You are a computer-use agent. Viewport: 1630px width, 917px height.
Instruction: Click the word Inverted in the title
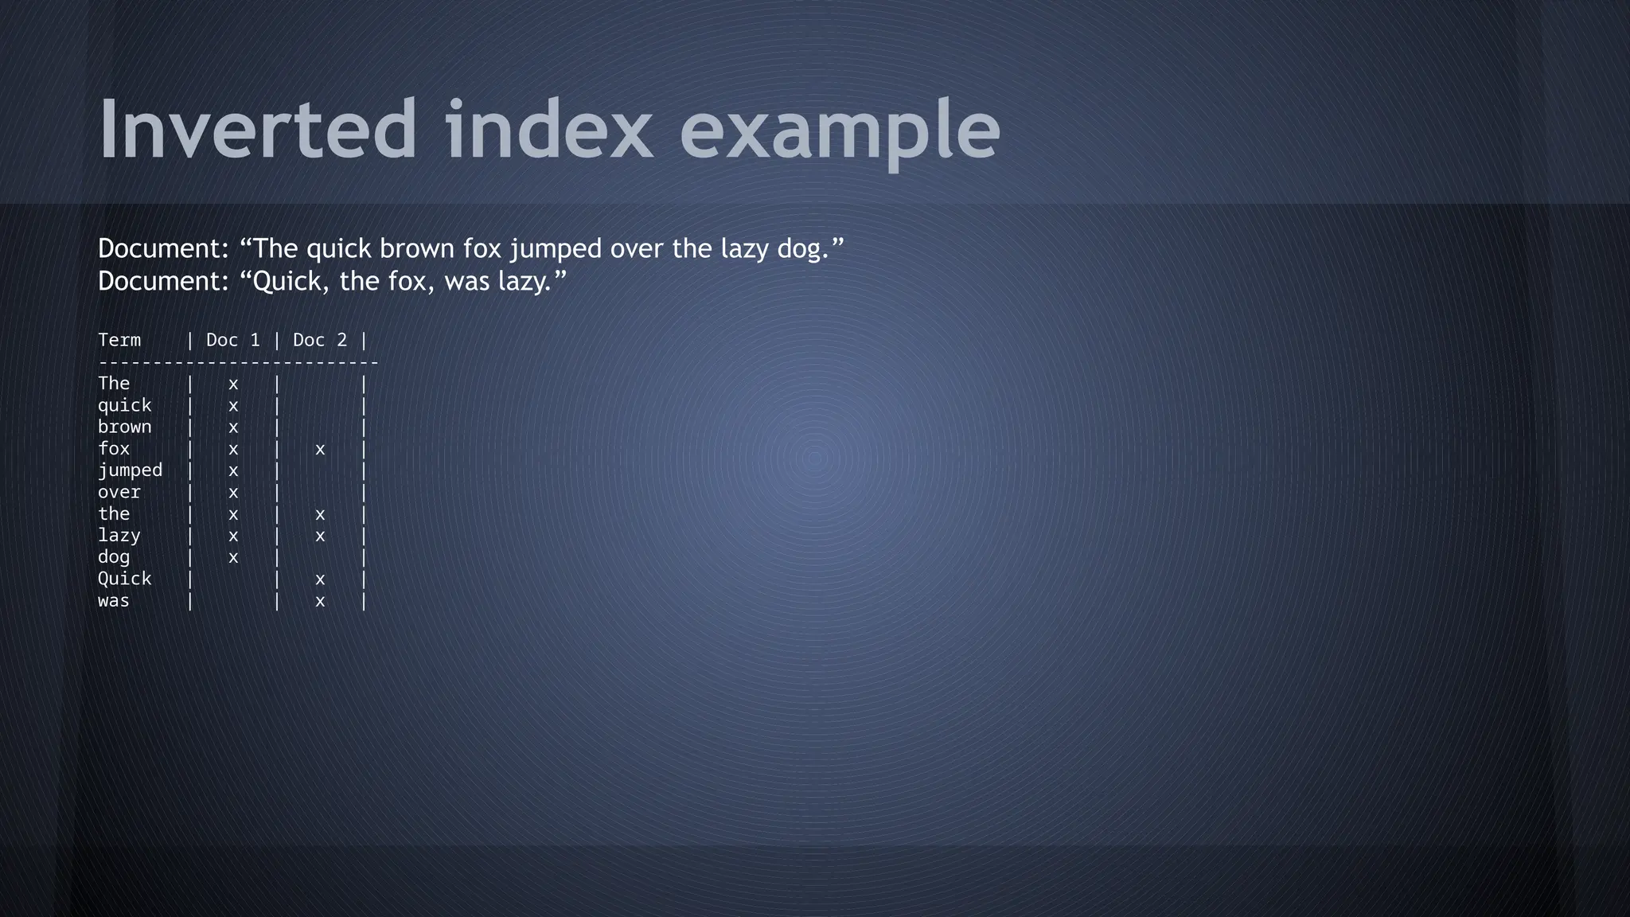(257, 129)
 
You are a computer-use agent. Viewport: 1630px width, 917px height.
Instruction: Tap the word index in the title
(548, 129)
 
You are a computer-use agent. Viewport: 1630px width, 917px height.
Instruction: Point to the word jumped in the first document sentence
(556, 250)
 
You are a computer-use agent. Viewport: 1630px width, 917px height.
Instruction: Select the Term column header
(119, 341)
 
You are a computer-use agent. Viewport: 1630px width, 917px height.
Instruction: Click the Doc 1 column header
(233, 341)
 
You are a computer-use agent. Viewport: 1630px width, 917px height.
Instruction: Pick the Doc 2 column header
(320, 341)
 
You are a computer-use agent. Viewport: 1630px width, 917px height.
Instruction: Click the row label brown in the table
(125, 427)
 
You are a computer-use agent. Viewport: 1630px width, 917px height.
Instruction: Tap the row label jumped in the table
(130, 471)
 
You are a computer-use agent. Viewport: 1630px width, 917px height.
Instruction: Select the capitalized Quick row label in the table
(125, 579)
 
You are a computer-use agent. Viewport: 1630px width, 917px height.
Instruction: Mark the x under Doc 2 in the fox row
(320, 450)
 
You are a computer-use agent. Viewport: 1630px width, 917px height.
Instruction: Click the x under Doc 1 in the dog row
(233, 558)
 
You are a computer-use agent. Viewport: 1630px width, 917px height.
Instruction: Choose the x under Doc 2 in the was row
(320, 602)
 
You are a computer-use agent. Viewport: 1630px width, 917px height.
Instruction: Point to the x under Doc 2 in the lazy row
(320, 537)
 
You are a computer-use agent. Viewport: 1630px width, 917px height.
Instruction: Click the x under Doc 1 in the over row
(233, 493)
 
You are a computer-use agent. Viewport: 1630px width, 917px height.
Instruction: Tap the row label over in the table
(119, 493)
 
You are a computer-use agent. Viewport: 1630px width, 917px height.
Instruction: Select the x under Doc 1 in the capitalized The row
(233, 384)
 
